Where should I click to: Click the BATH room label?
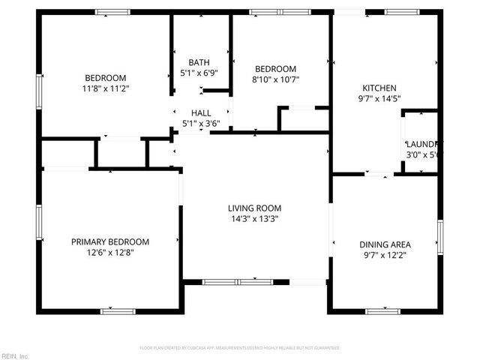[x=199, y=62]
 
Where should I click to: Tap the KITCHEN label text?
[x=379, y=88]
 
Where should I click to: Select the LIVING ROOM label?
[x=254, y=208]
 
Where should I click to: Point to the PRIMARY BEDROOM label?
[x=110, y=241]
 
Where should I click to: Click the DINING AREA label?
[x=385, y=244]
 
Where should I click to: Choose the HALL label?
[x=200, y=112]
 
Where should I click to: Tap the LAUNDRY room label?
[x=424, y=144]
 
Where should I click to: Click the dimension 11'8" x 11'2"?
[x=105, y=88]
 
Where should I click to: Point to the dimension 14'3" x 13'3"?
[x=254, y=219]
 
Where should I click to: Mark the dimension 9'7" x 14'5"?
[x=379, y=98]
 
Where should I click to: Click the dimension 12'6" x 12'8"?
[x=110, y=253]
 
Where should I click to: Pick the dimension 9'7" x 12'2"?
[x=385, y=255]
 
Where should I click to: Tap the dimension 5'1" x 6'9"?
[x=199, y=73]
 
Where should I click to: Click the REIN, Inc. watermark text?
[x=15, y=355]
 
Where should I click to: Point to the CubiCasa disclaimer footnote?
[x=240, y=348]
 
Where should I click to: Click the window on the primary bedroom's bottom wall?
[x=118, y=310]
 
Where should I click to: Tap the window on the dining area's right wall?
[x=440, y=236]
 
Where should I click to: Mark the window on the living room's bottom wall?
[x=238, y=281]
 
